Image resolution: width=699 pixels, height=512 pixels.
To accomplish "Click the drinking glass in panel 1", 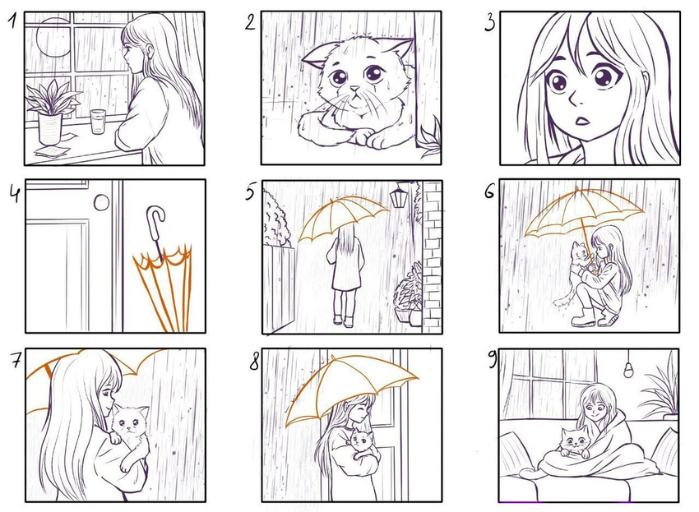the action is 98,121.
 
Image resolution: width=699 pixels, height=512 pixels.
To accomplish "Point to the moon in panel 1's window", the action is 53,38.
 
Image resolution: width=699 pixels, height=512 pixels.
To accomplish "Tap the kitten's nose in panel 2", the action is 354,90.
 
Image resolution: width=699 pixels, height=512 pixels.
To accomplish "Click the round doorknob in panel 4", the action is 102,203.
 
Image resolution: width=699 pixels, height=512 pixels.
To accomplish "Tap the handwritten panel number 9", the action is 493,360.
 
